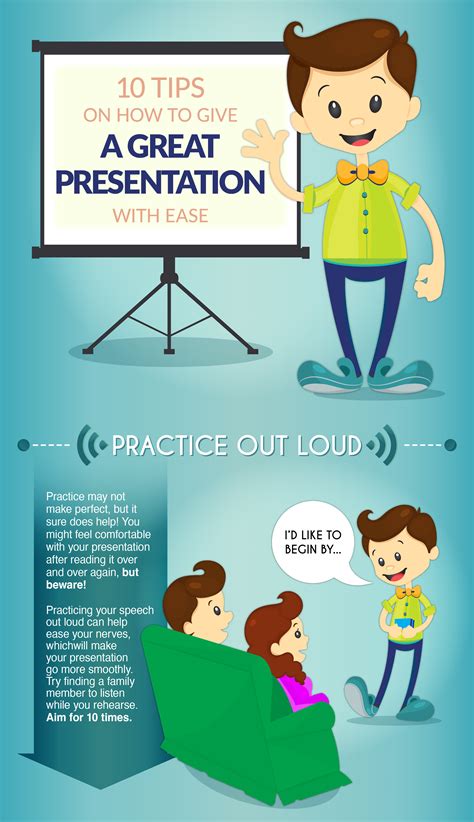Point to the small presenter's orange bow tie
(x=408, y=591)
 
